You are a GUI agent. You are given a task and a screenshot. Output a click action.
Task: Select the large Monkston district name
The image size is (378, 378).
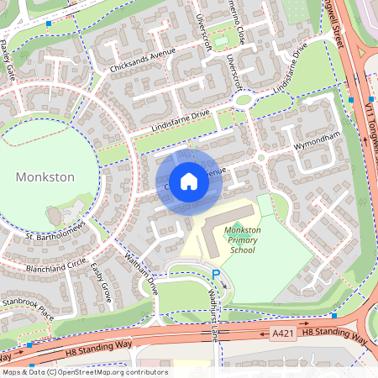pos(45,177)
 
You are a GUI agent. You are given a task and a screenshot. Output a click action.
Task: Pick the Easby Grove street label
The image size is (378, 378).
pos(102,282)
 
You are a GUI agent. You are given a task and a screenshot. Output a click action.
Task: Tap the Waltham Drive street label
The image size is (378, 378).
pos(141,272)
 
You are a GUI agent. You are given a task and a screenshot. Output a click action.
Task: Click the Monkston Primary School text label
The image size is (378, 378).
pos(242,239)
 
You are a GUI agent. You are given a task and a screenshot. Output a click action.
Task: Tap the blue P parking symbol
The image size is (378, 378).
pos(215,274)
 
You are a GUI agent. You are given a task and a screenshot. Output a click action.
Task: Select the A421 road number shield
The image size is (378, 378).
pos(282,333)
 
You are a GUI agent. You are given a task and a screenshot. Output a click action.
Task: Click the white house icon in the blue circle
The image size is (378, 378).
pos(189,181)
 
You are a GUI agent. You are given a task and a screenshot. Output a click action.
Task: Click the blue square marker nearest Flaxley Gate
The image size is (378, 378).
pos(50,24)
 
